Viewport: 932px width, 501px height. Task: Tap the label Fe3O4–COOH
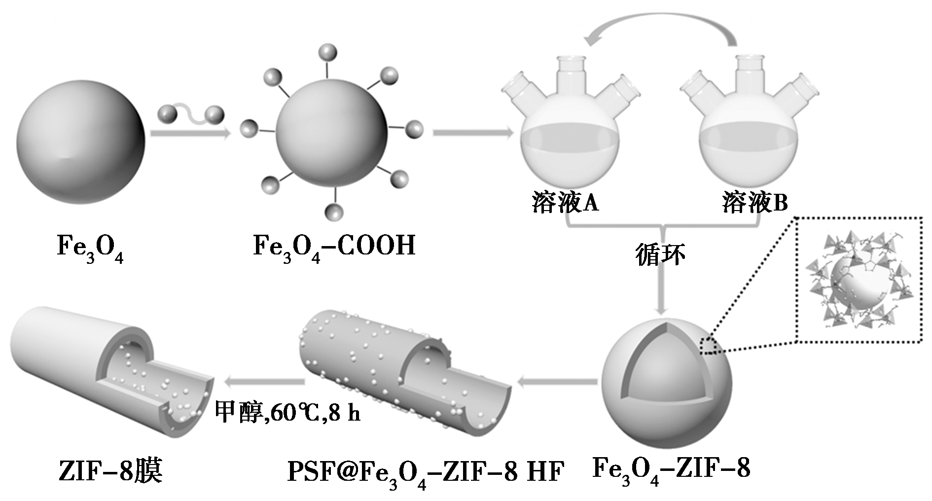click(x=334, y=246)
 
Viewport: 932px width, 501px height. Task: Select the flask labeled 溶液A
click(x=570, y=143)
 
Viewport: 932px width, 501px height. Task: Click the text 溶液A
click(x=565, y=203)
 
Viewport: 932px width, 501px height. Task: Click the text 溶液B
click(x=754, y=203)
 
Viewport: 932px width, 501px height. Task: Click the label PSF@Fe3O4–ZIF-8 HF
click(x=425, y=472)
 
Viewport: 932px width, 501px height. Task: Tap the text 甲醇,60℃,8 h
click(x=287, y=412)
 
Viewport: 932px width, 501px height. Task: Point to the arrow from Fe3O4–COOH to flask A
click(x=472, y=132)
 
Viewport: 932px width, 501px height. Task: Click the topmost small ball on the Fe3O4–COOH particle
click(x=328, y=53)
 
